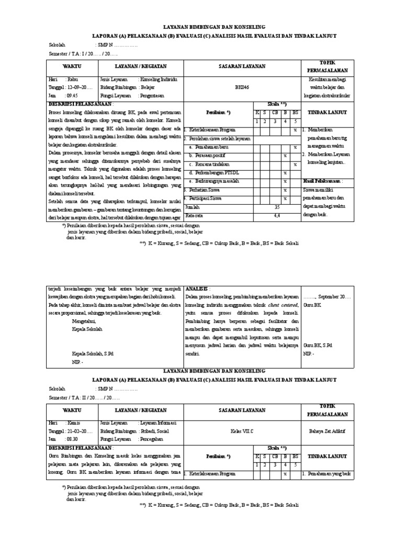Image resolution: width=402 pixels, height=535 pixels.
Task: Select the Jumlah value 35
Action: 276,207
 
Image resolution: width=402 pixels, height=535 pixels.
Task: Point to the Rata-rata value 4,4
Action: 276,215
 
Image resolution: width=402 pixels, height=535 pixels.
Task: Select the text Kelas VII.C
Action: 242,431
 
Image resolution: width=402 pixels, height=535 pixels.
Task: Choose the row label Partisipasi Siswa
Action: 205,199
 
